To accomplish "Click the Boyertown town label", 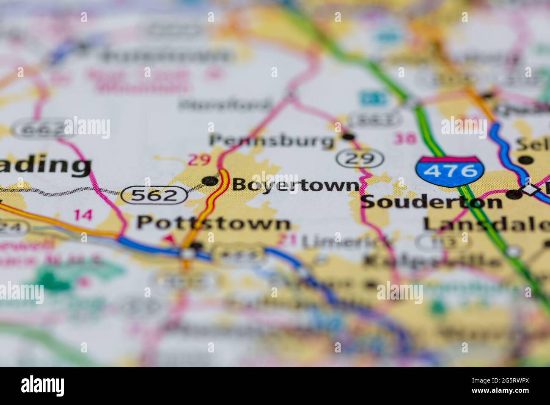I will [x=295, y=185].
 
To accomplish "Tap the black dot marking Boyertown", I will [x=209, y=182].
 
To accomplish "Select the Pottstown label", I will [x=214, y=223].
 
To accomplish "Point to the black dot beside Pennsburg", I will [x=348, y=136].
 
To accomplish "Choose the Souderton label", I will [x=432, y=202].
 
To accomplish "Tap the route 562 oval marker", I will [x=154, y=195].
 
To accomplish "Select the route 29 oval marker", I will [x=360, y=159].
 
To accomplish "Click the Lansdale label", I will [x=487, y=224].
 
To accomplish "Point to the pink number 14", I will [x=82, y=215].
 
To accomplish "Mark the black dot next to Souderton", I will [x=514, y=194].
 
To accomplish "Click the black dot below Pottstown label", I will [x=195, y=245].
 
